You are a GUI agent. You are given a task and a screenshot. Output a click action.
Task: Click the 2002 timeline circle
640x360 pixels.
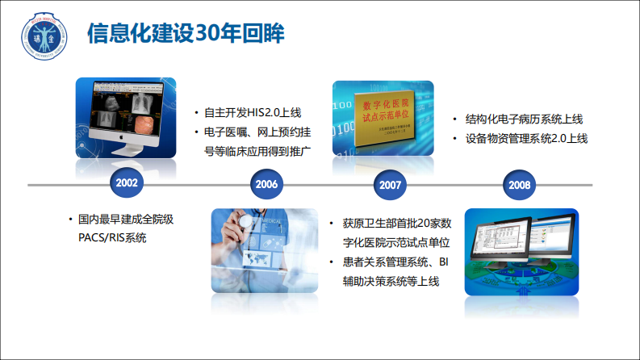point(127,184)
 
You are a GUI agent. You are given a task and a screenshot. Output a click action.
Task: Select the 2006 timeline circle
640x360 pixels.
point(266,184)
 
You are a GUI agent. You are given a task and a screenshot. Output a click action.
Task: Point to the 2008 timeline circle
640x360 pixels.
point(519,184)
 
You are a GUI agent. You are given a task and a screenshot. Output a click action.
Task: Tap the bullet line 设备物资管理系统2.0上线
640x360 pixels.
point(525,138)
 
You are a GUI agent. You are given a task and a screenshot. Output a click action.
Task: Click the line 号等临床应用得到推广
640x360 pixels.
point(257,151)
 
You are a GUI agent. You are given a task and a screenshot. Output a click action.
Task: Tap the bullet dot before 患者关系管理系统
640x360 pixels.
point(333,262)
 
